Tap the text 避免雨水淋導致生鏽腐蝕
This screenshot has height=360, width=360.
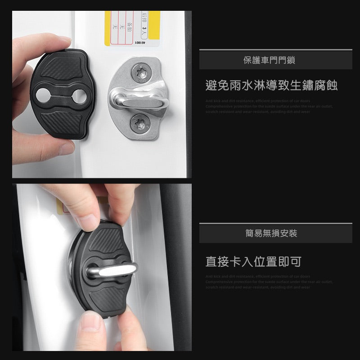[271, 85]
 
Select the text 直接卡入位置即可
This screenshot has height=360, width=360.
[253, 261]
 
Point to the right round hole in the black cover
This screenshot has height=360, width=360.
[81, 94]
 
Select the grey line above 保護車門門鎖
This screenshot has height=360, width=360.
[275, 50]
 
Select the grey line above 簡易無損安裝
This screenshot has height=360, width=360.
[275, 223]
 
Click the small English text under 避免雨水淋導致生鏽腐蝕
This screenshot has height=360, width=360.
[269, 106]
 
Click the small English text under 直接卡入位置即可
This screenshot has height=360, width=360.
[269, 281]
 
